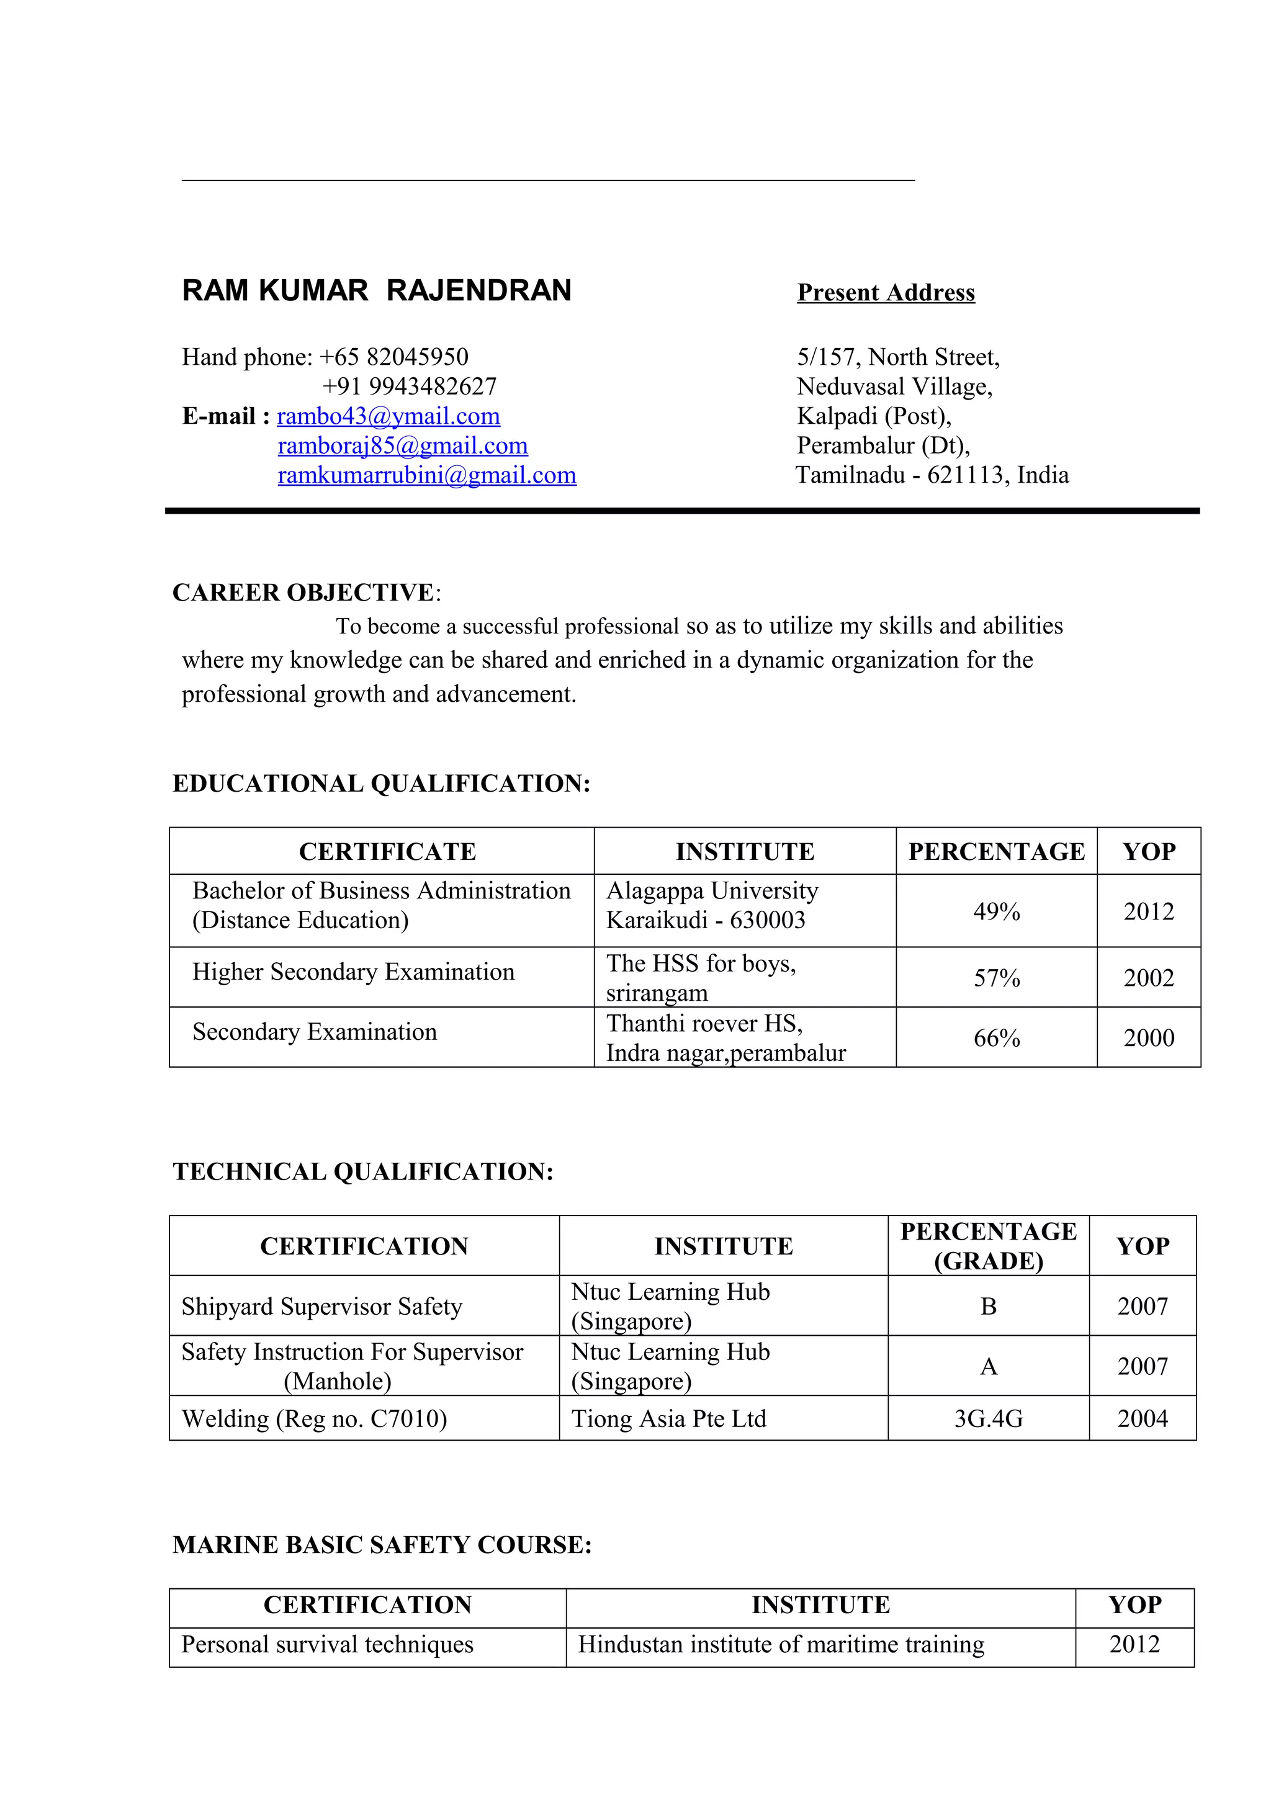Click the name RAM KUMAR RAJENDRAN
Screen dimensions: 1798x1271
coord(377,290)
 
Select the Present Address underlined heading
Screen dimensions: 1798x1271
coord(886,293)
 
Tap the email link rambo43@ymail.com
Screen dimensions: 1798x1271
coord(388,416)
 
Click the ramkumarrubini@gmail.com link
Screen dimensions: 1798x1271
coord(427,475)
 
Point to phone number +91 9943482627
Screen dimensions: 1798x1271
coord(409,386)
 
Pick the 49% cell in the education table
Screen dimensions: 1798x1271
coord(996,911)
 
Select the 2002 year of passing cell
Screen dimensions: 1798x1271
coord(1148,977)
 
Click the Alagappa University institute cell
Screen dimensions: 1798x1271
coord(712,905)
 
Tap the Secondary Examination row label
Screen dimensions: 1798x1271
coord(315,1032)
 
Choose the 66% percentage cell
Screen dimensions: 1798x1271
coord(996,1039)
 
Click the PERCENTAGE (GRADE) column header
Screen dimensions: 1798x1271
coord(988,1246)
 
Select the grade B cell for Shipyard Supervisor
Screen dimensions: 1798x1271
coord(988,1306)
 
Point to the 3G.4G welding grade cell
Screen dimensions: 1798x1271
coord(988,1418)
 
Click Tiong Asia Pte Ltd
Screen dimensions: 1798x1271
coord(669,1418)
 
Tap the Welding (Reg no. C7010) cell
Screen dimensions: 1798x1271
coord(314,1418)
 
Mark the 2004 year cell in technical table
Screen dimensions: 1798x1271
coord(1142,1418)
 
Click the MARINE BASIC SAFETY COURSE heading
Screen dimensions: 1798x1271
coord(382,1544)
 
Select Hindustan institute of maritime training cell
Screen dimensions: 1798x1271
coord(781,1645)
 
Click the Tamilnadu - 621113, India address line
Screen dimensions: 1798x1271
coord(932,475)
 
